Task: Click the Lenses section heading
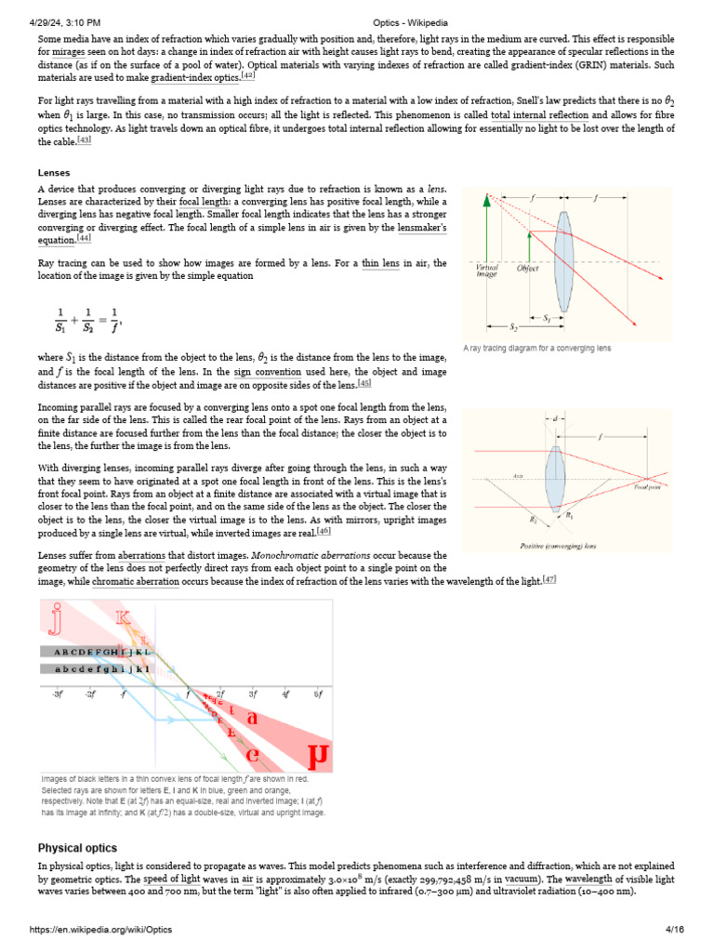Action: point(53,172)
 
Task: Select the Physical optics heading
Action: point(77,848)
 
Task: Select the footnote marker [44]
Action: point(85,239)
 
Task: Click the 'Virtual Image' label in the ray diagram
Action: point(486,271)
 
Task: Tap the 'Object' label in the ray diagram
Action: point(528,268)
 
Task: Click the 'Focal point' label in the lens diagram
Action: point(648,486)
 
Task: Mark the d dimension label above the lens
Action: point(555,419)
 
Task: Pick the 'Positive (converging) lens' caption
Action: point(557,546)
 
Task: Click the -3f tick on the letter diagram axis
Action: point(57,694)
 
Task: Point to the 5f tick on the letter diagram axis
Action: point(318,694)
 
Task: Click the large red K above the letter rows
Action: point(123,618)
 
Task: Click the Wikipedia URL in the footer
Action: point(101,930)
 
